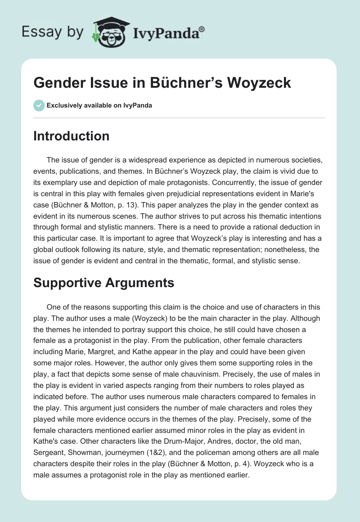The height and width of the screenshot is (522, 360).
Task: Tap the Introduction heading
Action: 71,136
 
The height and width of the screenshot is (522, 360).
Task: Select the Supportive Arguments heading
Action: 103,283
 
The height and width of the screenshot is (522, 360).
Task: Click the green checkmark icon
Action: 39,105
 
